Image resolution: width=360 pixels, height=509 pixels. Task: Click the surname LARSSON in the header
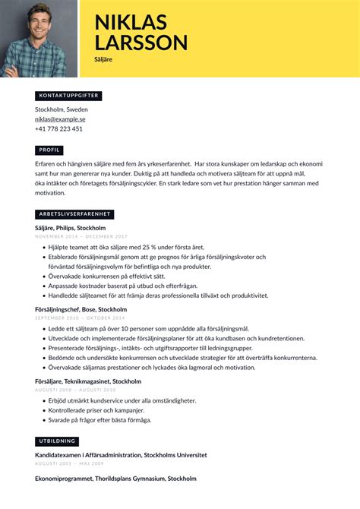coord(141,43)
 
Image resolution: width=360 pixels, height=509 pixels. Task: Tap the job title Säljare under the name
coord(103,58)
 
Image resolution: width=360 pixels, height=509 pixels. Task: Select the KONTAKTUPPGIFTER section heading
coord(68,96)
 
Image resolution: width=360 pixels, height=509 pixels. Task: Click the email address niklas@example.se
coord(60,119)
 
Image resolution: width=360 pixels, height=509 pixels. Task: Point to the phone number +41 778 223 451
coord(58,129)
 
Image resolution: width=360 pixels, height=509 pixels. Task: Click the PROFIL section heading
coord(51,150)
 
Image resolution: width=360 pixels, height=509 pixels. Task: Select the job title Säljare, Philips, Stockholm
coord(70,228)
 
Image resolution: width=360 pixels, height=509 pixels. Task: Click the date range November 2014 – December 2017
coord(81,236)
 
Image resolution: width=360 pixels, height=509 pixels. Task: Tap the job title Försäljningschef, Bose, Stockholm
coord(81,310)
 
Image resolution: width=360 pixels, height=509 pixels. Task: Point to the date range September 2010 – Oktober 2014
coord(79,318)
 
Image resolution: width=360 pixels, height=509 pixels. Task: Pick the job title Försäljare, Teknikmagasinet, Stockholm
coord(88,381)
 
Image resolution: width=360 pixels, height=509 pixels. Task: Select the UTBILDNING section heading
coord(57,441)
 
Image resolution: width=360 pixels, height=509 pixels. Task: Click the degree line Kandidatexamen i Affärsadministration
coord(121,455)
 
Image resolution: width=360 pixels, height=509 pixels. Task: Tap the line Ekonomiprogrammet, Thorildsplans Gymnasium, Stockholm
coord(115,479)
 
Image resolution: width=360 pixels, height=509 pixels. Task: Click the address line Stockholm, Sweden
coord(61,109)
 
